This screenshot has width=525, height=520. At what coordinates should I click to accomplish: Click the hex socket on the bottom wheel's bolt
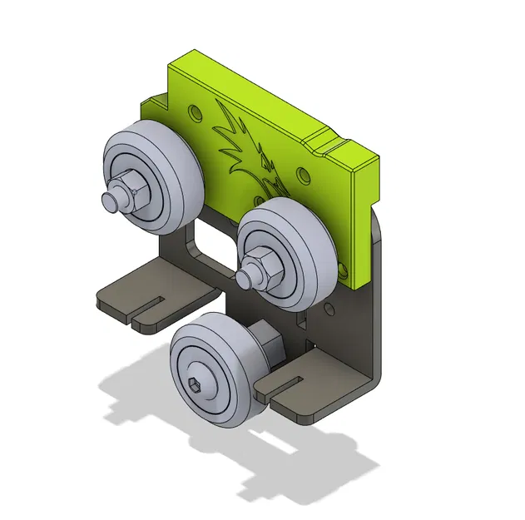pyautogui.click(x=196, y=384)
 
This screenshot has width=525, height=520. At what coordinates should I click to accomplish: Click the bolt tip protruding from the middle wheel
pyautogui.click(x=245, y=274)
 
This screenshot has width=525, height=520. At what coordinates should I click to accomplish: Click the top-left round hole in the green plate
pyautogui.click(x=195, y=109)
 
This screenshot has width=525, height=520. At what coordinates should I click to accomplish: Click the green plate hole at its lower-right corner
pyautogui.click(x=342, y=267)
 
